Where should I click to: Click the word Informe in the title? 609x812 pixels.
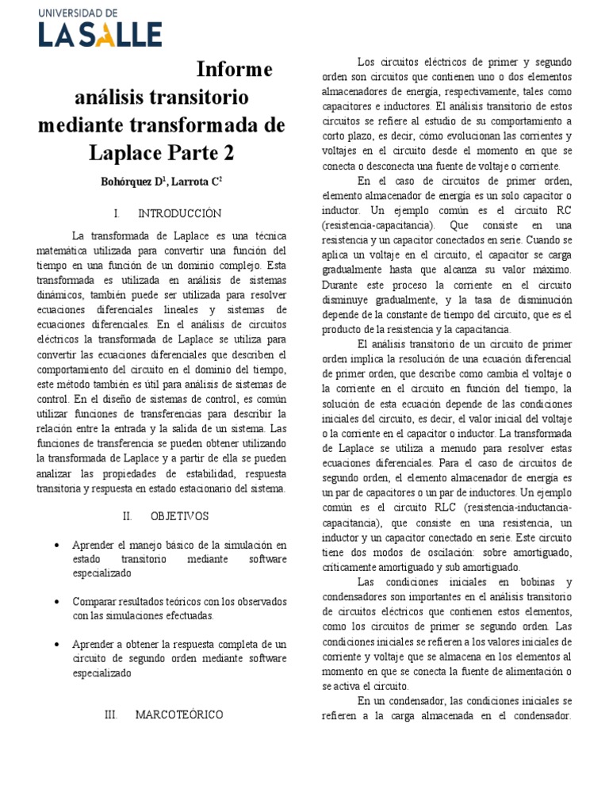(234, 70)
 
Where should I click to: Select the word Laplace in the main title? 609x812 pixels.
(140, 152)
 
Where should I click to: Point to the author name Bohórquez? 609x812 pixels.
(130, 182)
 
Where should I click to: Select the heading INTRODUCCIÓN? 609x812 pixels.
(179, 213)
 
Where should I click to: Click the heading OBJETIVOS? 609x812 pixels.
(179, 516)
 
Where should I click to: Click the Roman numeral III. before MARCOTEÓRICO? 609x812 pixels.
(111, 714)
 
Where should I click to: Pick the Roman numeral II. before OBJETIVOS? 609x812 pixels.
(127, 516)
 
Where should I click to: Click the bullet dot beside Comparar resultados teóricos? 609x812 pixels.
(58, 602)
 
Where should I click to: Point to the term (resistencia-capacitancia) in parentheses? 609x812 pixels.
(371, 226)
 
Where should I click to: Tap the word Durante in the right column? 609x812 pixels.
(342, 284)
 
